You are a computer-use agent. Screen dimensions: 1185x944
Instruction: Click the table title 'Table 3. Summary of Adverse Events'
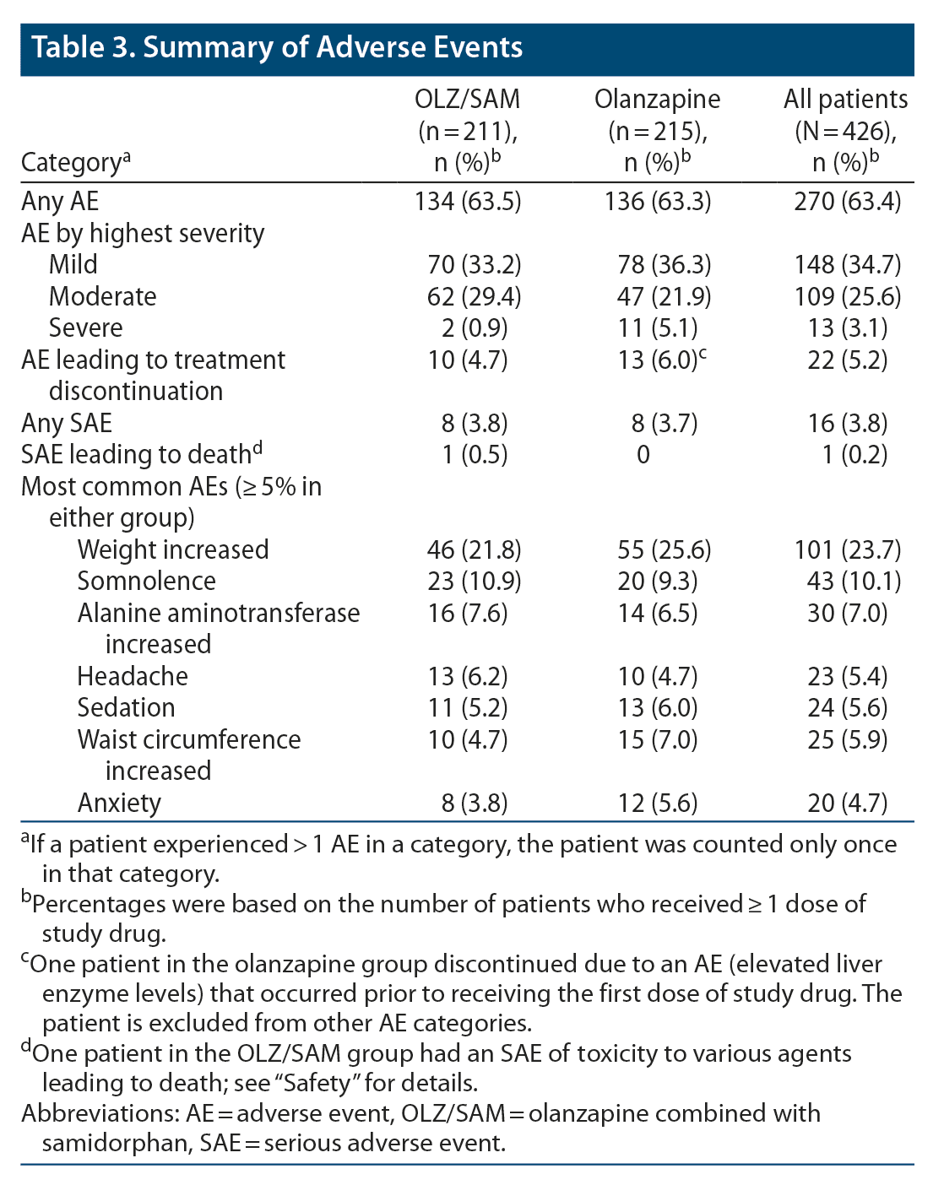[277, 47]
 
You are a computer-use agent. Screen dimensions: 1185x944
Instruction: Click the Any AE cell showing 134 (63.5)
[467, 202]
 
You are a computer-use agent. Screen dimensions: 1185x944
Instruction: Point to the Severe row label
[85, 327]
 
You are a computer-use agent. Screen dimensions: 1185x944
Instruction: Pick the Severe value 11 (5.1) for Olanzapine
[657, 327]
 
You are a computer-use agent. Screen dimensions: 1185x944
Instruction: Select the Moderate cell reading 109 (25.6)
[847, 296]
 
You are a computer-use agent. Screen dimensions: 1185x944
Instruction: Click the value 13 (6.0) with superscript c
[657, 360]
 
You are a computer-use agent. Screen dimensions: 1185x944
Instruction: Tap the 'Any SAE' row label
[67, 423]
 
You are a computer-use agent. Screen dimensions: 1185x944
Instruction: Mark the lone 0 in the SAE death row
[643, 455]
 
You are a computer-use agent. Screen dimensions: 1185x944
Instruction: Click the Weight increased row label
[173, 549]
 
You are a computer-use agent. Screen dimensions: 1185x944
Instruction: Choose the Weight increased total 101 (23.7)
[847, 549]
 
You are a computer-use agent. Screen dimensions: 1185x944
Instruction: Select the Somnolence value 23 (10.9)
[467, 582]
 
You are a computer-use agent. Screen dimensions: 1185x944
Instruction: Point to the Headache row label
[133, 676]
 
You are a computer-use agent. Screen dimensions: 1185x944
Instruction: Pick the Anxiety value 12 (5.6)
[657, 803]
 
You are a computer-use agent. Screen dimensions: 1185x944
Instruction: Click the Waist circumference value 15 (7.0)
[657, 740]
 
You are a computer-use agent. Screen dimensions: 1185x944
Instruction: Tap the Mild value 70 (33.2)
[467, 265]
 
